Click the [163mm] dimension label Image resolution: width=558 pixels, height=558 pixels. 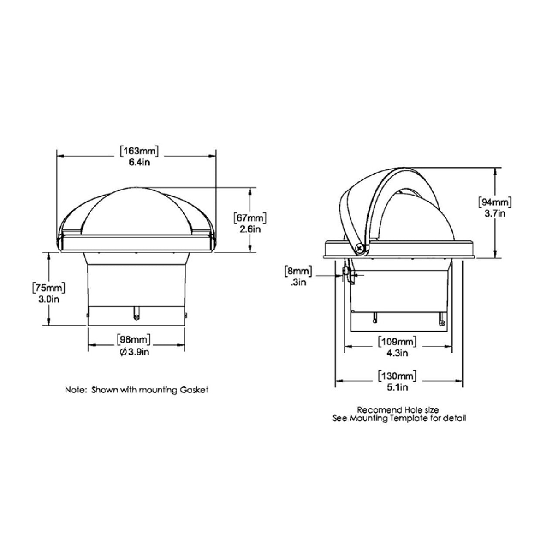tap(139, 151)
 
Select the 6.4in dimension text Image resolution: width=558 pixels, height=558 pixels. tap(139, 162)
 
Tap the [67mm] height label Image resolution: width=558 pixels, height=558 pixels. tap(250, 218)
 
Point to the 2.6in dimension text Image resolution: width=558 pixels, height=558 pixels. tap(250, 229)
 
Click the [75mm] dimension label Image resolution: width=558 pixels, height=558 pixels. tap(49, 288)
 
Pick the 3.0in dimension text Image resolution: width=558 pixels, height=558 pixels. tap(49, 299)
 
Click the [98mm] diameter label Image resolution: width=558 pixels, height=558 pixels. tap(133, 339)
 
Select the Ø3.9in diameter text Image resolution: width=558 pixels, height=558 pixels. tap(134, 352)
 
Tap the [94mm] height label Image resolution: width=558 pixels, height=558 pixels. tap(495, 202)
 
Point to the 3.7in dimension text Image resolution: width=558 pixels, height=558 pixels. tap(495, 214)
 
